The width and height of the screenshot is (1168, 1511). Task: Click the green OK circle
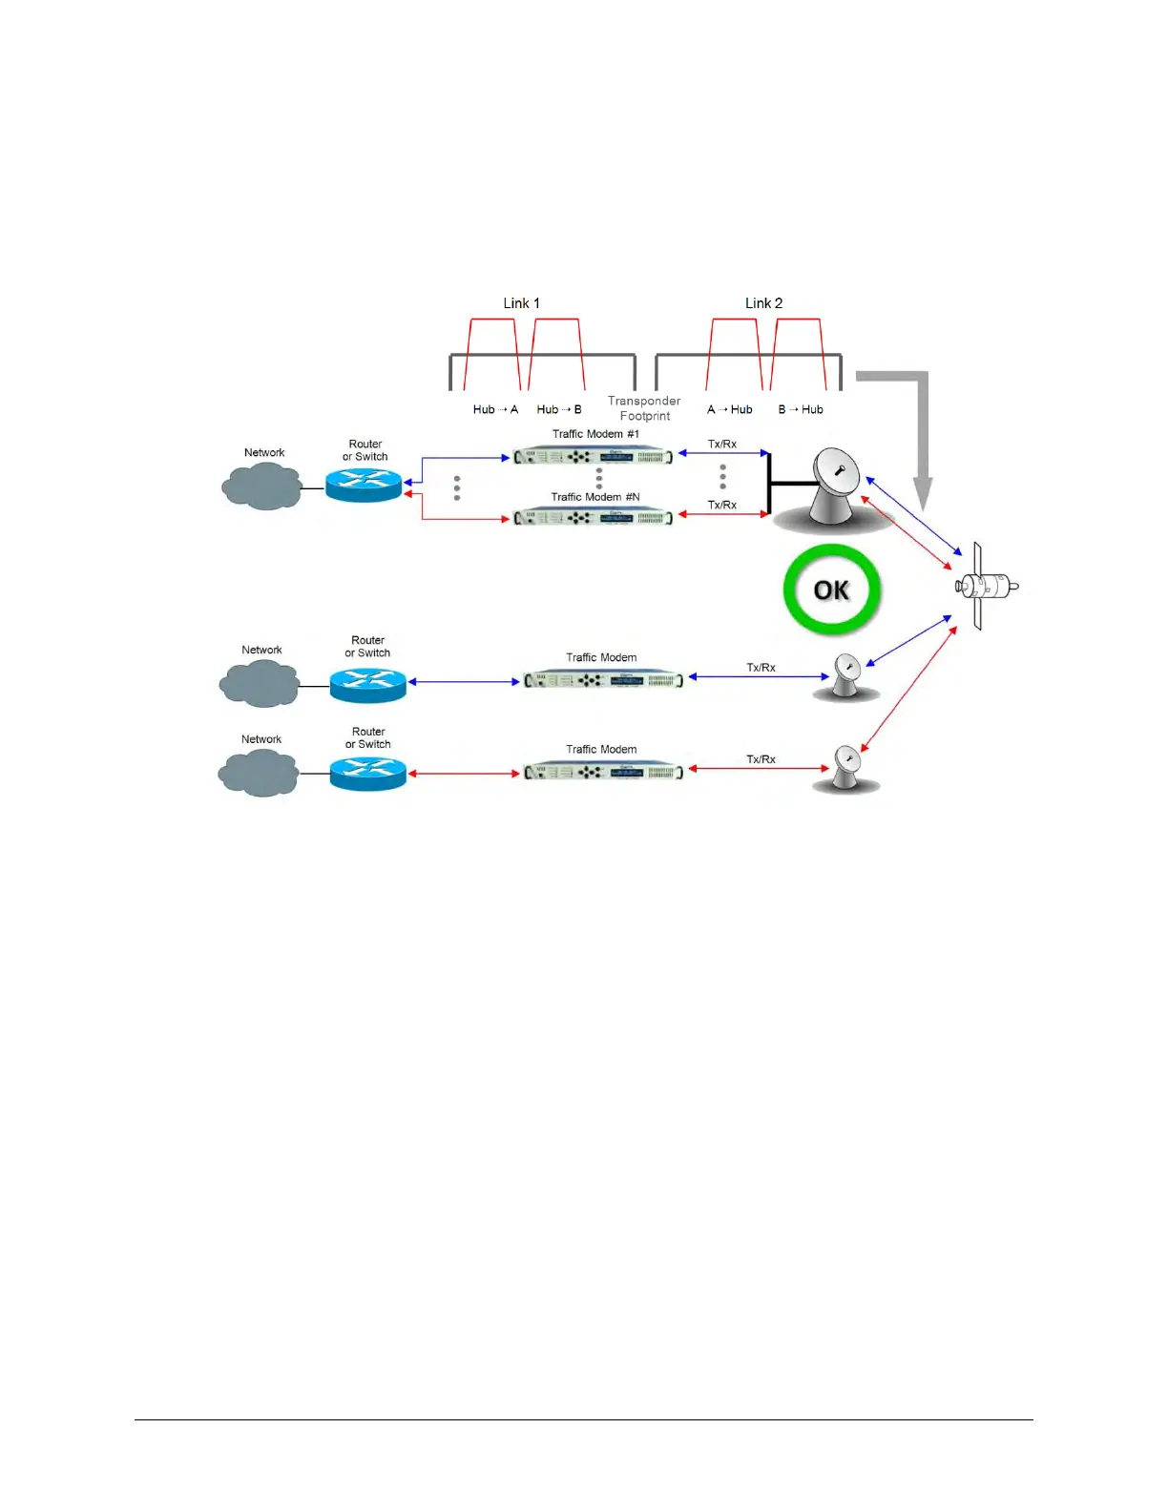831,590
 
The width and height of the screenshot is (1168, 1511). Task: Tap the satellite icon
985,586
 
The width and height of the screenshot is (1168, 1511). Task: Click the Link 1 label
521,303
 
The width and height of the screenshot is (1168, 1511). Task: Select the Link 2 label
763,303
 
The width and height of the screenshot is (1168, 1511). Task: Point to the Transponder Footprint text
644,408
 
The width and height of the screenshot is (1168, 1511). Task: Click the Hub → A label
495,409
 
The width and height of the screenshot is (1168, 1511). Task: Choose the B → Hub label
800,409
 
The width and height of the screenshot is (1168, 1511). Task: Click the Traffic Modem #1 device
593,457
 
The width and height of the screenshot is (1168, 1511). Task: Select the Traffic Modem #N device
593,518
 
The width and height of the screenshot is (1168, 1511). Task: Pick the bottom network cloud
259,772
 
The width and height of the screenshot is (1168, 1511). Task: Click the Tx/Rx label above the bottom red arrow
761,759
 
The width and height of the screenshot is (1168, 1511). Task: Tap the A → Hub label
729,409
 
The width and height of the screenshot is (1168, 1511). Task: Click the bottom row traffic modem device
603,771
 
